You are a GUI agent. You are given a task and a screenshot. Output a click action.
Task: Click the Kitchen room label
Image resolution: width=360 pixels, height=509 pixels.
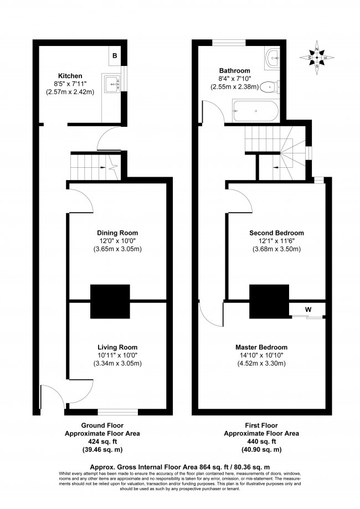point(70,75)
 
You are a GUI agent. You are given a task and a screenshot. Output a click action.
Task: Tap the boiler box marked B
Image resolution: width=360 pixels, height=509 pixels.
point(115,56)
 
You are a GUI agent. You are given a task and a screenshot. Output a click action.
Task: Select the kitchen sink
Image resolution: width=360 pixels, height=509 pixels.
point(115,84)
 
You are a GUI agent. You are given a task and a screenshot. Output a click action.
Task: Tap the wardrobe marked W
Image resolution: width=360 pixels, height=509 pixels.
point(307,309)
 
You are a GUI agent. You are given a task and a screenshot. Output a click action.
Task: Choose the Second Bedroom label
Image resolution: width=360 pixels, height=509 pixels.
point(276,233)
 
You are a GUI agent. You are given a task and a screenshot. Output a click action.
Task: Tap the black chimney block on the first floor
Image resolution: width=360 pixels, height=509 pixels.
point(270,300)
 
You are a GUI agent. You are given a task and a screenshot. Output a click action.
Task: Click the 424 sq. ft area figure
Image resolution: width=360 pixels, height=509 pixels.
point(102,443)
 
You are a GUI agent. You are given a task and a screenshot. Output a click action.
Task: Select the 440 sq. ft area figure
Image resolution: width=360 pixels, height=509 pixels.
point(262,443)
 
